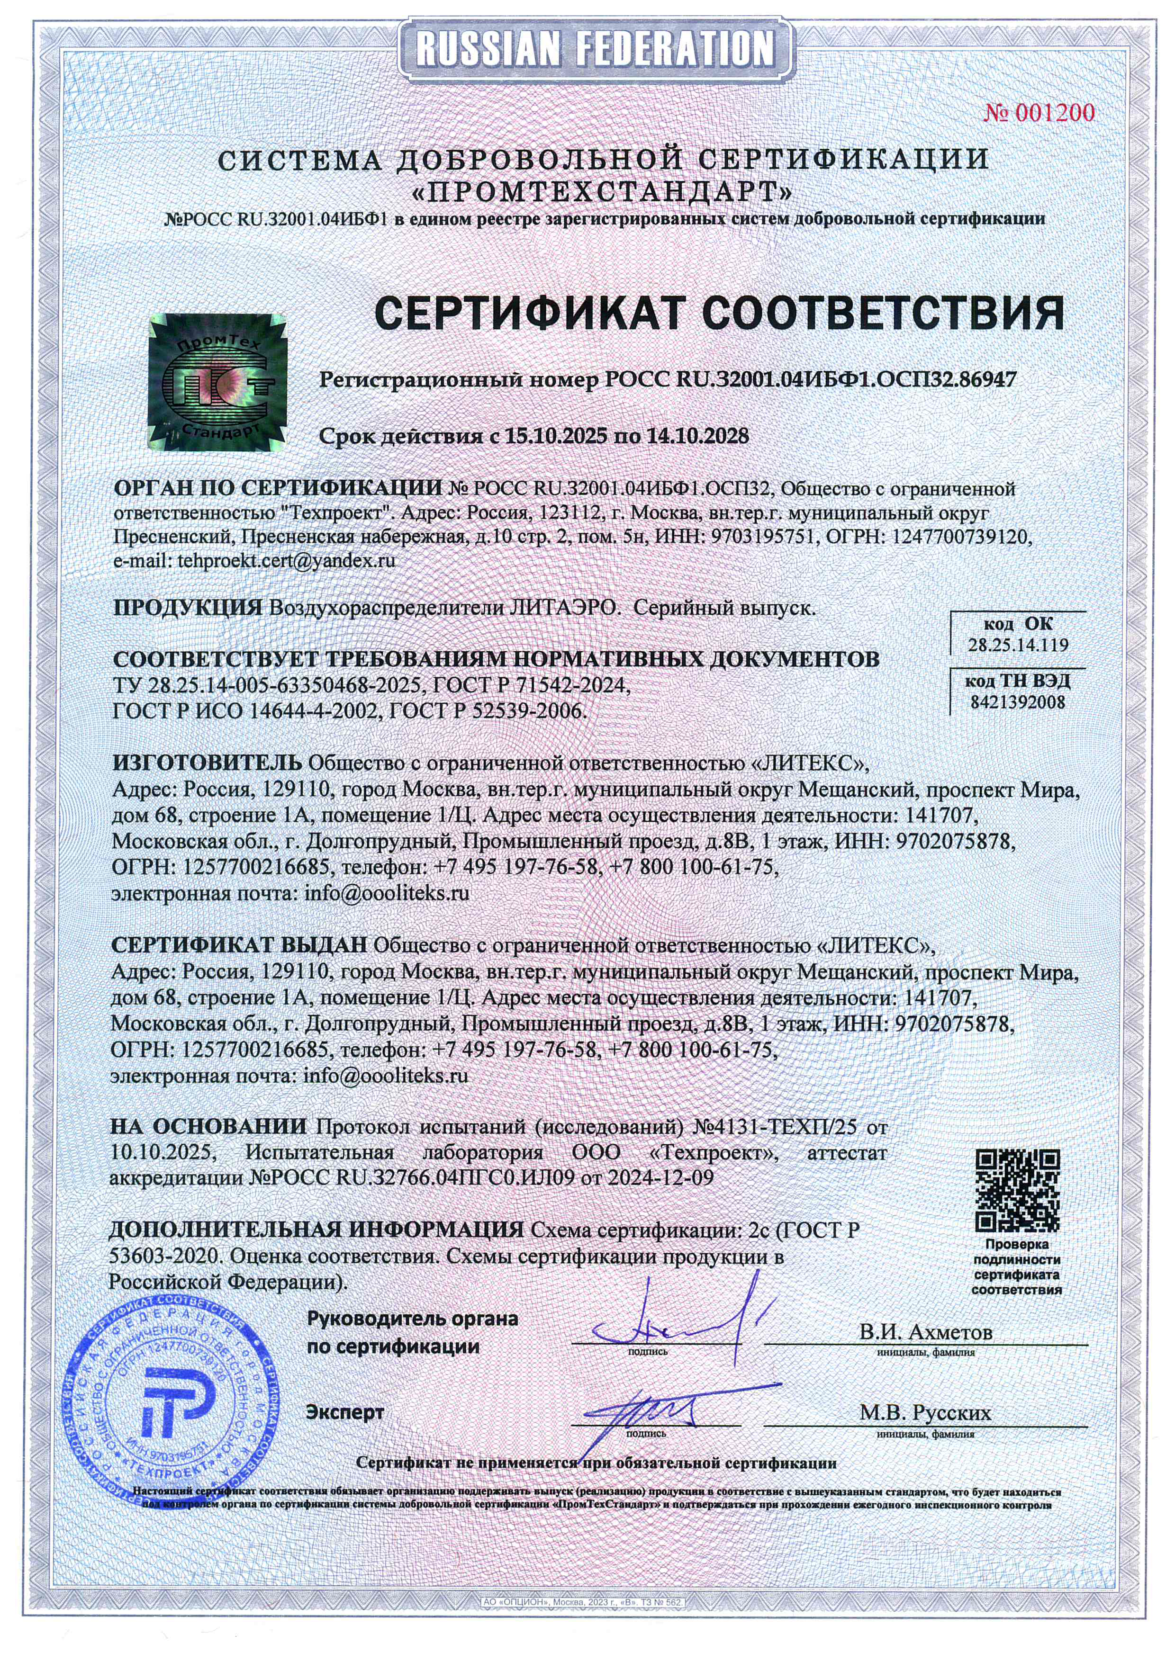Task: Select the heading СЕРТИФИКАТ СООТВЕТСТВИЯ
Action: [x=719, y=313]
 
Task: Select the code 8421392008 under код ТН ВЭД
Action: [x=1017, y=702]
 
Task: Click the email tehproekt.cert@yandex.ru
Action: [x=286, y=561]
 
